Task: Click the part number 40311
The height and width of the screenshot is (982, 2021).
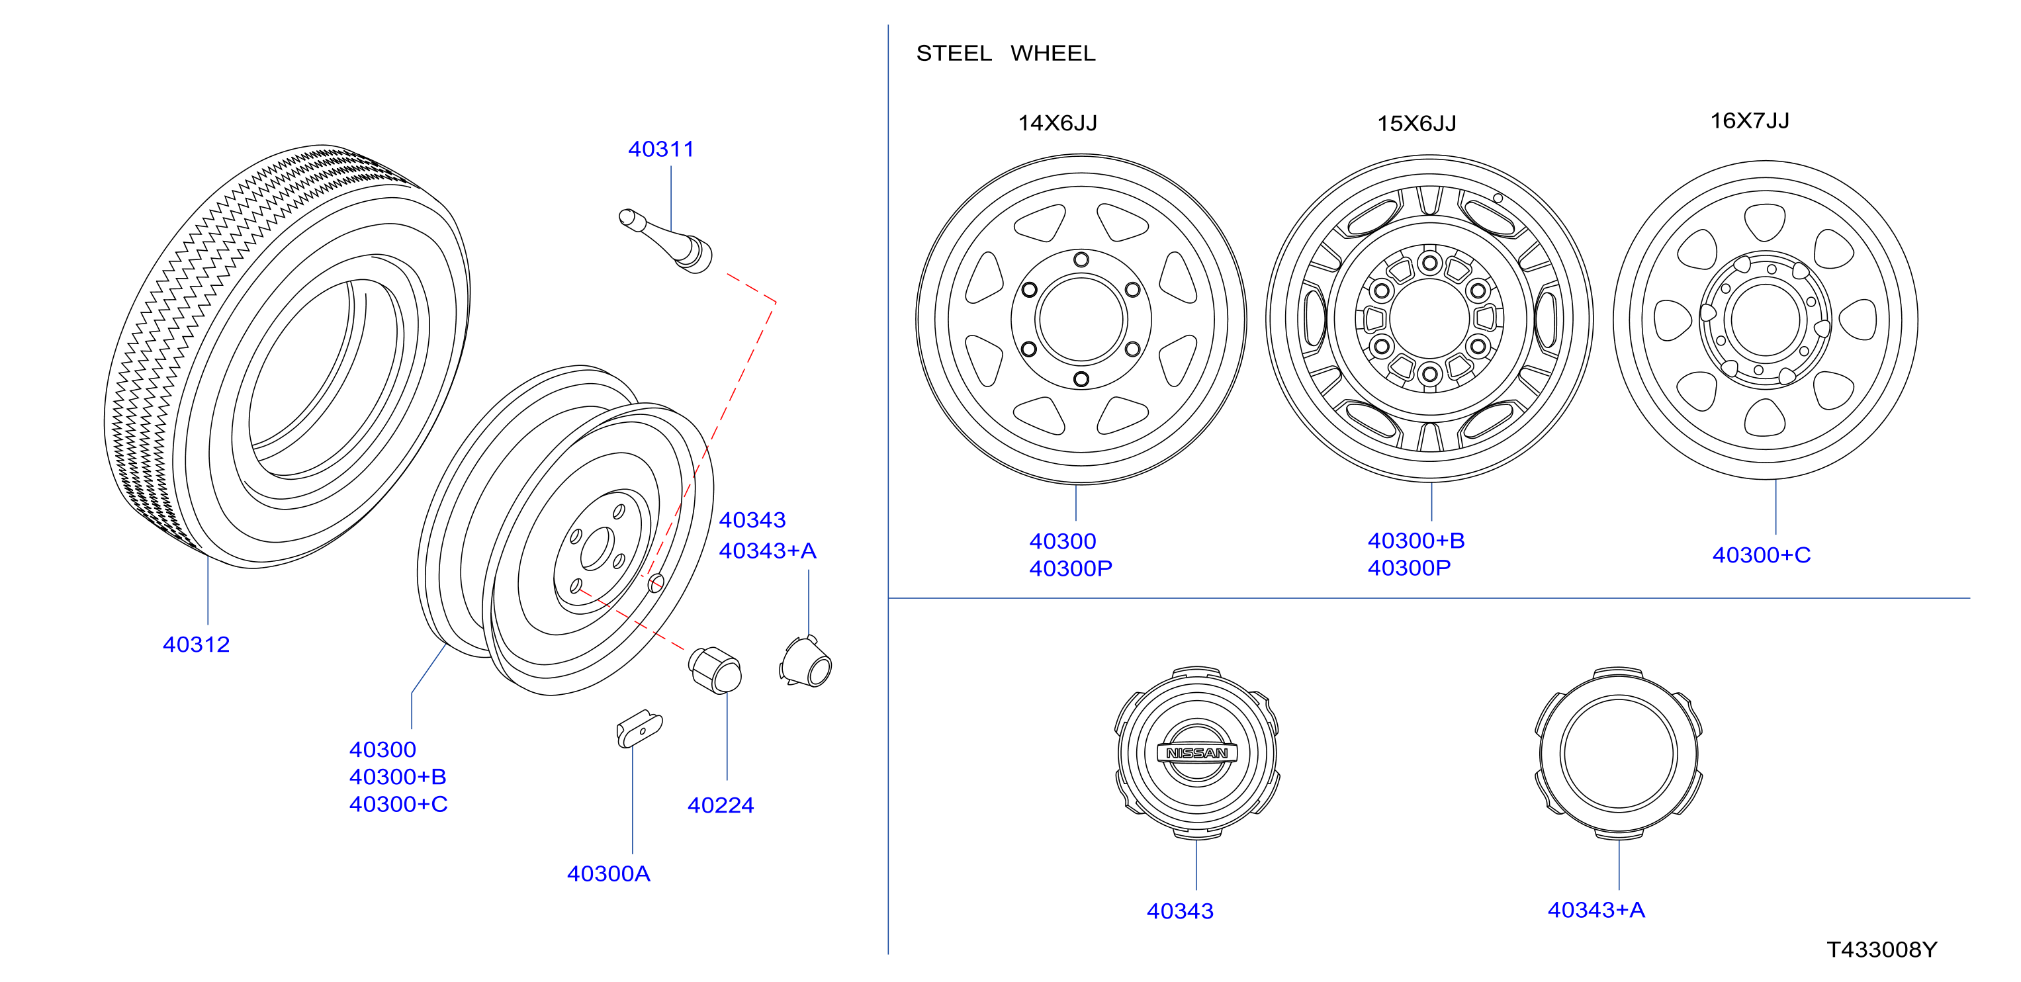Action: coord(660,149)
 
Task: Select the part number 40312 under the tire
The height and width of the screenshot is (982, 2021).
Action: coord(196,644)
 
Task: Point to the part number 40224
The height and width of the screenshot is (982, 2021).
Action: coord(720,805)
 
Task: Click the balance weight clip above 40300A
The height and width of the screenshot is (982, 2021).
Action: coord(639,729)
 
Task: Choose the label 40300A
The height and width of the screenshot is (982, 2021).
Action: coord(608,873)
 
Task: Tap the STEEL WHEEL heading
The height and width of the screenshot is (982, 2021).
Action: coord(1005,54)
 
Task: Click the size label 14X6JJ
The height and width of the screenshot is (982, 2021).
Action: coord(1057,123)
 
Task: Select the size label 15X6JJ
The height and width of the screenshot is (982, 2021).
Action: coord(1416,123)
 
